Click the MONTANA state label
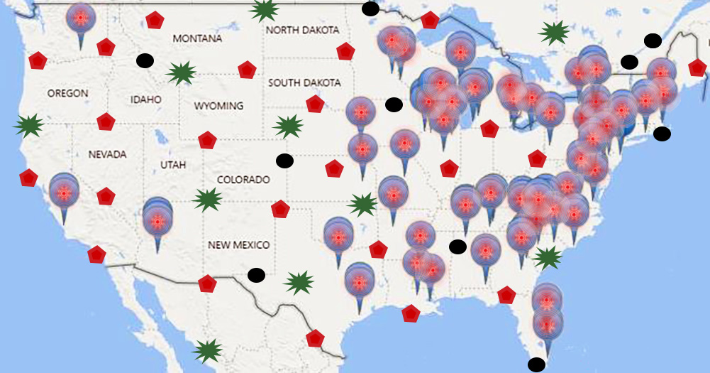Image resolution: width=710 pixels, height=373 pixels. [x=197, y=38]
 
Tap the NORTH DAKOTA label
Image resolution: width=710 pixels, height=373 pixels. [x=302, y=31]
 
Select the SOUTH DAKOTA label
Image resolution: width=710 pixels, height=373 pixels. [x=304, y=83]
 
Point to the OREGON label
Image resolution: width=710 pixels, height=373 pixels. [x=68, y=93]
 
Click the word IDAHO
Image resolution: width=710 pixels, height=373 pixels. [x=146, y=99]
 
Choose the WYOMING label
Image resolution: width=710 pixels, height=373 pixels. [x=218, y=106]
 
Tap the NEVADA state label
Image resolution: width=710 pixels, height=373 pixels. [x=107, y=154]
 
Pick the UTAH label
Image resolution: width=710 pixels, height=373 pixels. [x=173, y=165]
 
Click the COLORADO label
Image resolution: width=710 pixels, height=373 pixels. [x=243, y=180]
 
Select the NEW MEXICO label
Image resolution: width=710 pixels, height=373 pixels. [x=238, y=245]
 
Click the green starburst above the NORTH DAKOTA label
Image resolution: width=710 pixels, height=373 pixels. [x=265, y=9]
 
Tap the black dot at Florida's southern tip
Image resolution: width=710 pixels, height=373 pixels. [x=537, y=365]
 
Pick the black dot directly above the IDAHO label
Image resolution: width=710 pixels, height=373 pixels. [x=145, y=61]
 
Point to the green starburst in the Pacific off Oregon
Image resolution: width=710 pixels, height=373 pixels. [x=28, y=126]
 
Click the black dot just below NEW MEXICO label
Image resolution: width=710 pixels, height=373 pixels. [x=257, y=274]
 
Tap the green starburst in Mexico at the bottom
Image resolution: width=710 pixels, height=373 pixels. [x=207, y=350]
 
